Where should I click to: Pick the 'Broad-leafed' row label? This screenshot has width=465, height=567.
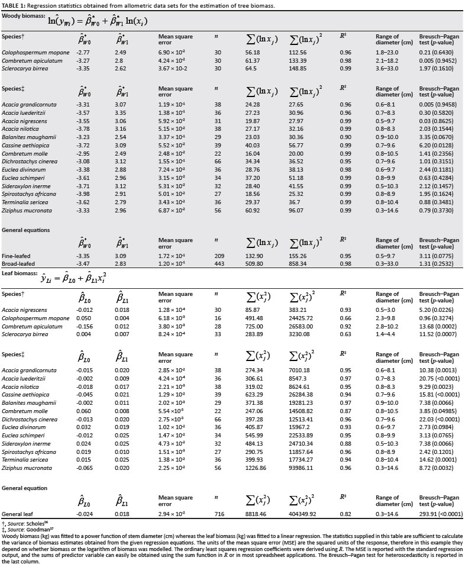point(18,262)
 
